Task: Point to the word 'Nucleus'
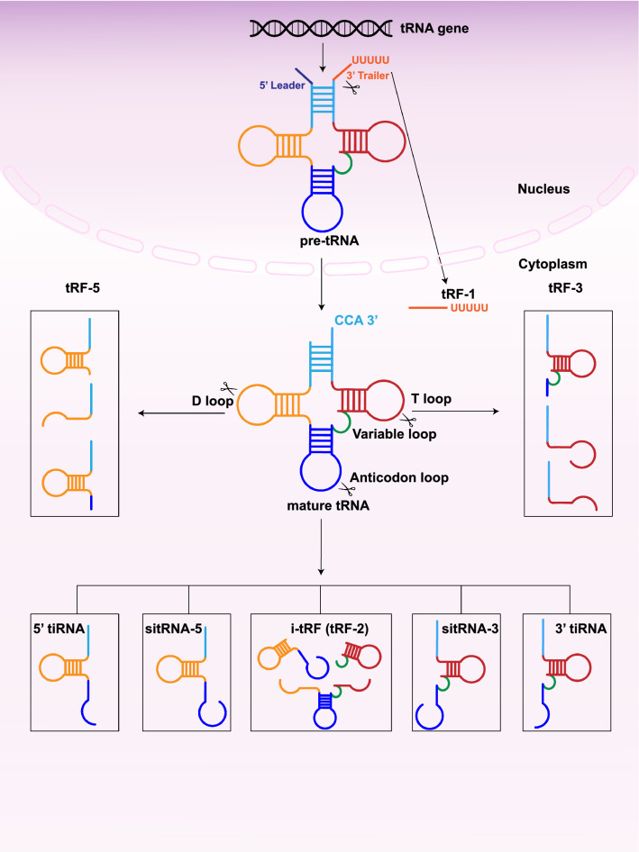point(543,191)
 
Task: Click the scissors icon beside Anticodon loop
point(344,487)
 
